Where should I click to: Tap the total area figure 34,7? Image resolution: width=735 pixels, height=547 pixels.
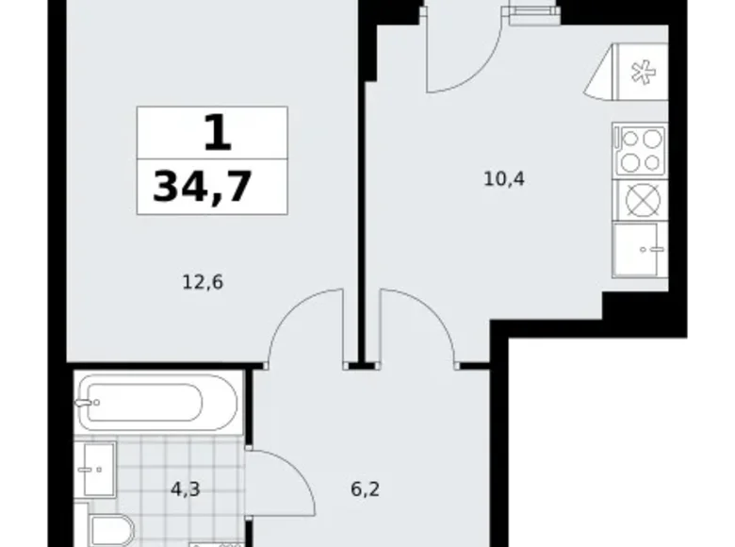203,187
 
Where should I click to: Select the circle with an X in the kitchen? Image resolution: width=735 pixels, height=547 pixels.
640,201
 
